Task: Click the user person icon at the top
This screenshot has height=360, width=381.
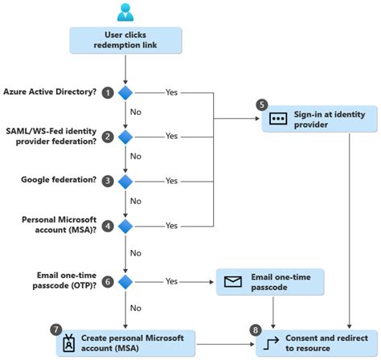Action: tap(125, 11)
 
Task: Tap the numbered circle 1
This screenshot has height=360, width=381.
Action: tap(107, 92)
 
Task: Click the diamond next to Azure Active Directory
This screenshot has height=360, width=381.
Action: tap(125, 92)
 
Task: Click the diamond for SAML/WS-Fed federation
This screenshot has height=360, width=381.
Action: tap(125, 137)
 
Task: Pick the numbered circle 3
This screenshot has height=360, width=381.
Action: tap(107, 182)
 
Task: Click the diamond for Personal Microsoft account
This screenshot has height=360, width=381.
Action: tap(125, 226)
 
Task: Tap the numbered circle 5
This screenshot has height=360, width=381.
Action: tap(261, 104)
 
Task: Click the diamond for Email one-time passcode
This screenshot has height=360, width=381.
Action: tap(125, 282)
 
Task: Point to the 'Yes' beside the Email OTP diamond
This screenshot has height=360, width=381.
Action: tap(171, 282)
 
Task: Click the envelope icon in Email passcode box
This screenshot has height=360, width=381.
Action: tap(233, 282)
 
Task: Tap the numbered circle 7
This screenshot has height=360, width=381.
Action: tap(55, 329)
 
